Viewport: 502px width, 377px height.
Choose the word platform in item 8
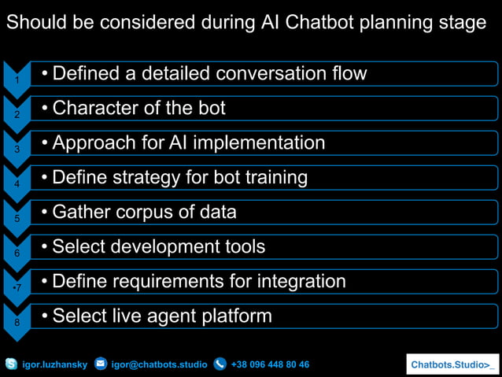(x=233, y=316)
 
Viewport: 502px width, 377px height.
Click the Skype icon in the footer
(x=11, y=364)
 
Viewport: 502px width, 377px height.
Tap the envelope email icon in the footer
(x=101, y=364)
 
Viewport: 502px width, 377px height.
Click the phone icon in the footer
(x=220, y=364)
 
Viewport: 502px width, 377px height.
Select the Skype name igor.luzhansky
(x=54, y=364)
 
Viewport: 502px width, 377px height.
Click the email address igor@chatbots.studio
(x=159, y=364)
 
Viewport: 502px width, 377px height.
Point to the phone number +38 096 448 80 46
(x=270, y=364)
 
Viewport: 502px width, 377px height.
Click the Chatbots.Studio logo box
(x=452, y=364)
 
